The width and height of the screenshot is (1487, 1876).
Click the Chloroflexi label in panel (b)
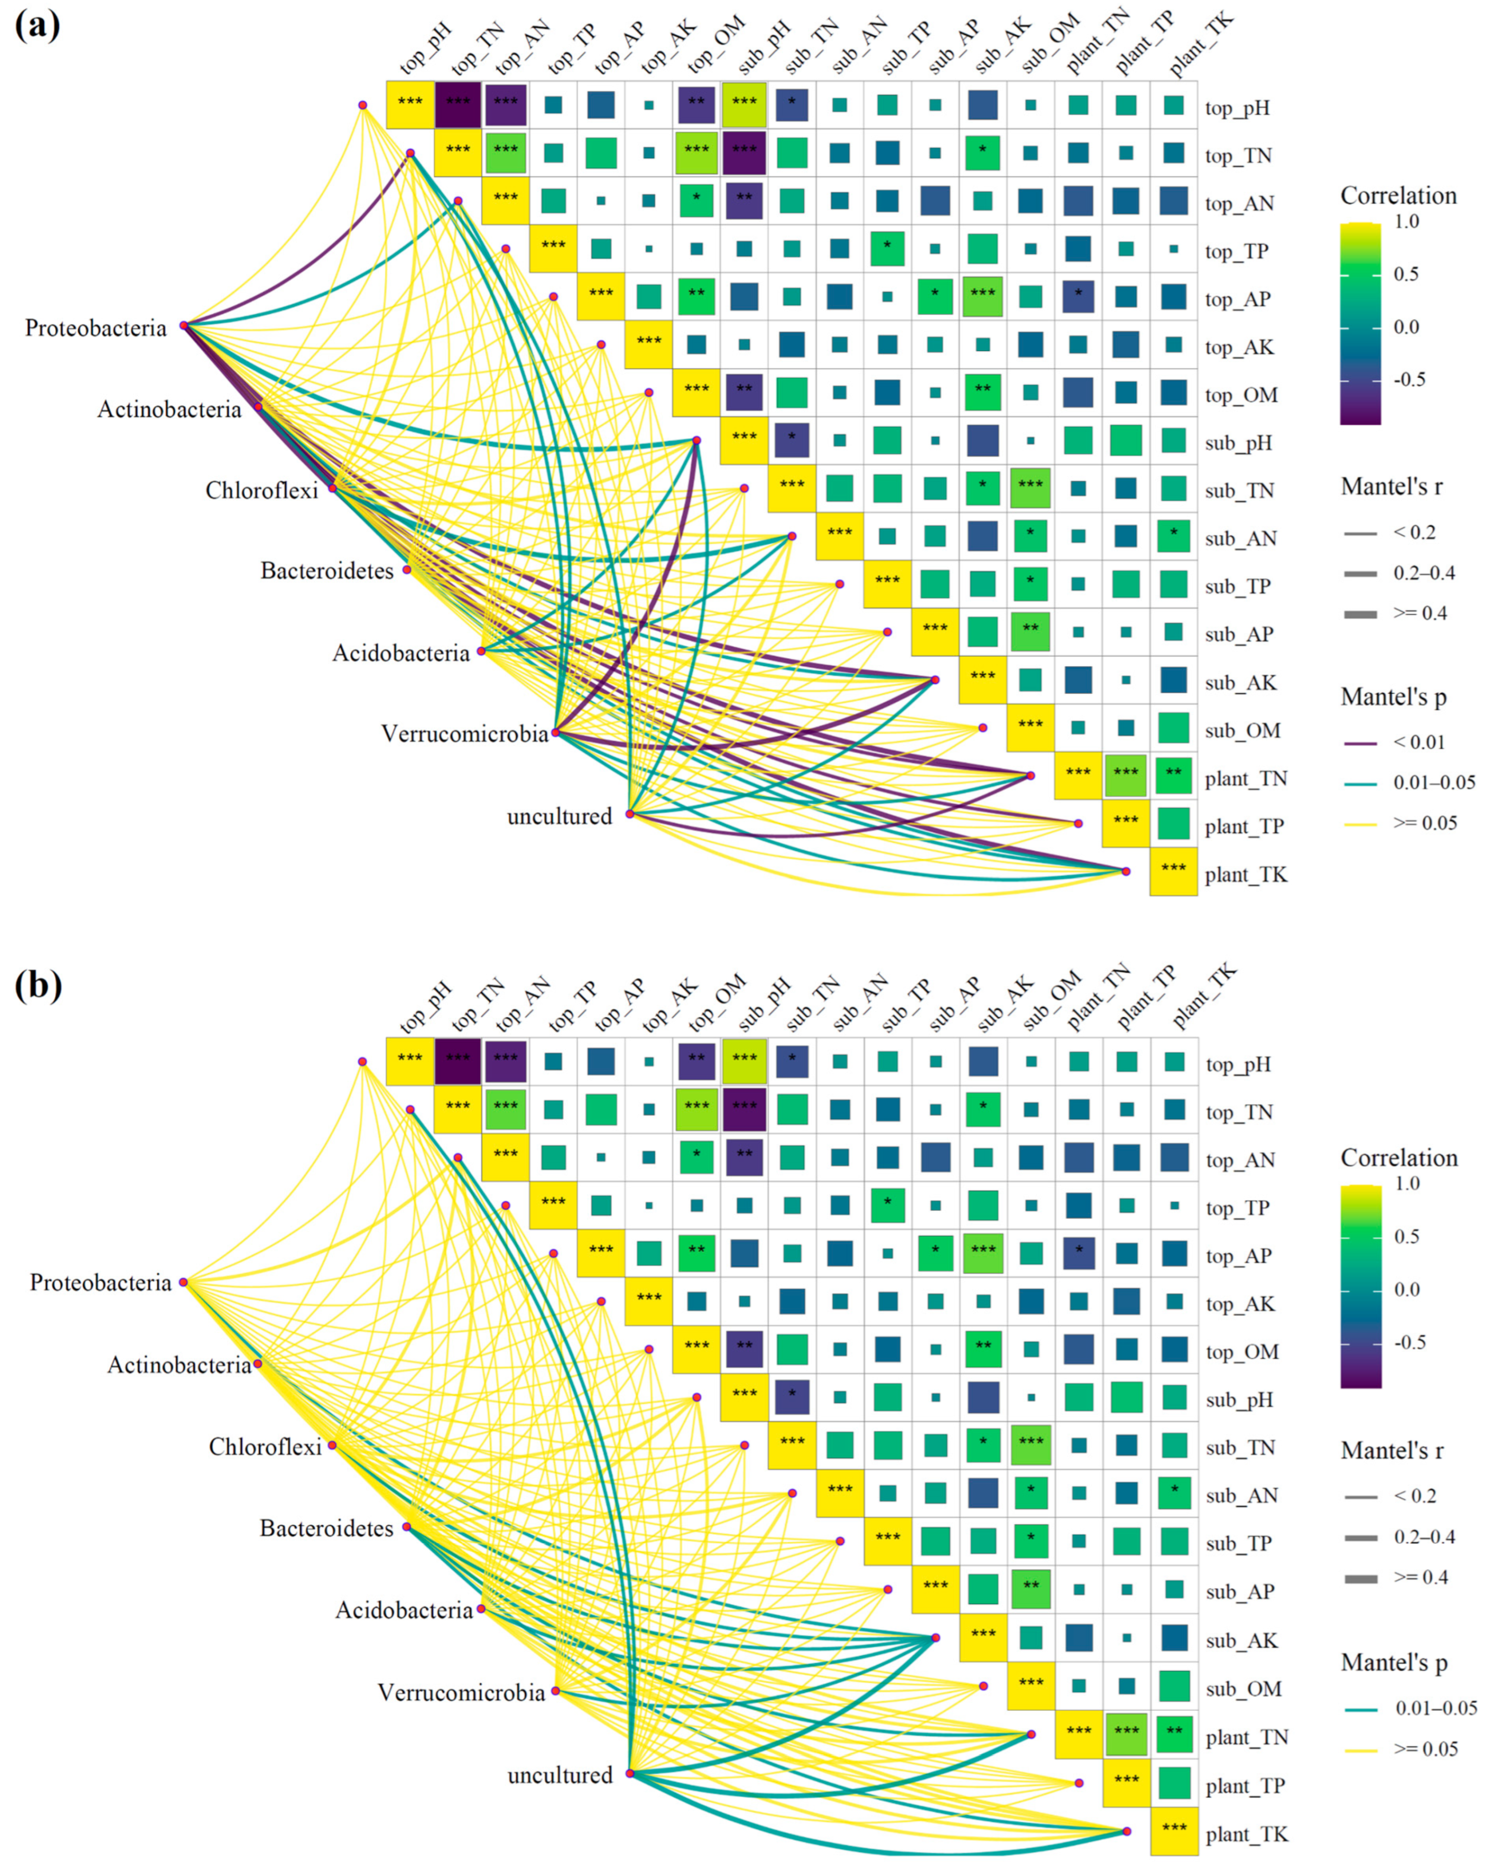(x=265, y=1446)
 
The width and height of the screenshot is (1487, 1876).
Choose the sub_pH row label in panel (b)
(x=1239, y=1399)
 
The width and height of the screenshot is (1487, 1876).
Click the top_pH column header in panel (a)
(x=426, y=49)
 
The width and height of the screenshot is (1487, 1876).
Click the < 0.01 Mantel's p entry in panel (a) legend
(x=1418, y=742)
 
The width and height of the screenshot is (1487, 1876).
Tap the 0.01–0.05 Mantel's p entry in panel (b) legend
(x=1436, y=1708)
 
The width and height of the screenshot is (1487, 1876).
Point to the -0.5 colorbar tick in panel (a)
(x=1410, y=379)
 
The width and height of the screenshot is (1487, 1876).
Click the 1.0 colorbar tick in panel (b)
(x=1407, y=1183)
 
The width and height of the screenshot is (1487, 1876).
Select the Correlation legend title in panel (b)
(x=1398, y=1157)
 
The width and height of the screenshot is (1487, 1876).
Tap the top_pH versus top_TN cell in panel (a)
(x=457, y=105)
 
